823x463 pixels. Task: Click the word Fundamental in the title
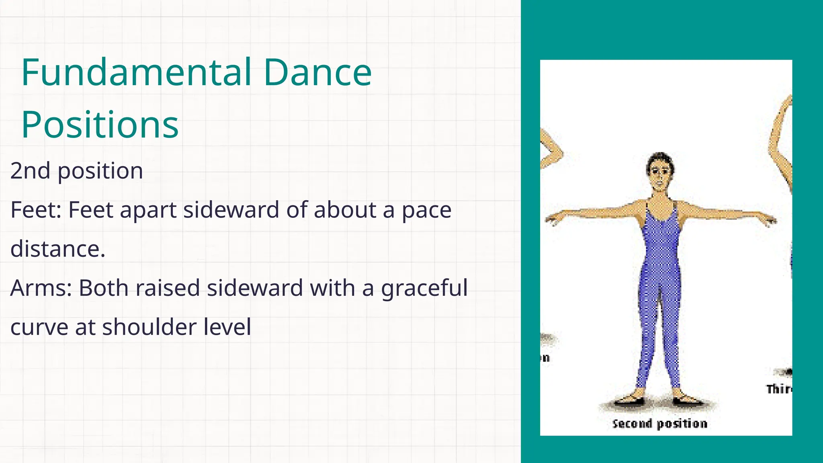tap(136, 73)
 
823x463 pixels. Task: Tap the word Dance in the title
tap(317, 73)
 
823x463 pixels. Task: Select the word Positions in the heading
tap(100, 125)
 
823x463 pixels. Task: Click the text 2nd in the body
tap(30, 171)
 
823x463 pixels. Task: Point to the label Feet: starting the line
tap(36, 210)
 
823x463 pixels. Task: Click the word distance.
tap(57, 249)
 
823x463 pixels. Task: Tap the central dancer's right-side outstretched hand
tap(769, 220)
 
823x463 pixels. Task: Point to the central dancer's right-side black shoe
tap(687, 400)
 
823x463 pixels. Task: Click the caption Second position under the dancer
tap(659, 424)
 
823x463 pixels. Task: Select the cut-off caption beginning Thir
tap(779, 389)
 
